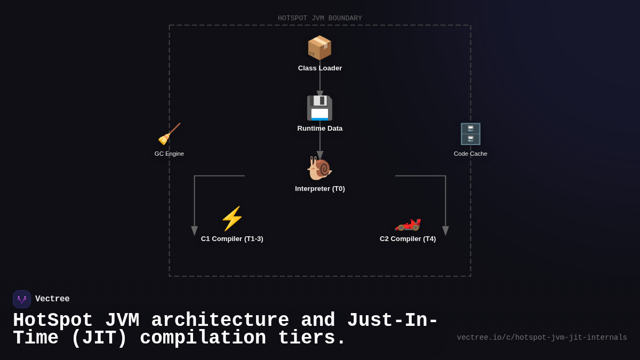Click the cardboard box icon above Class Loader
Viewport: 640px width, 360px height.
[x=319, y=48]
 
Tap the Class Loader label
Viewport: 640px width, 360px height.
[x=320, y=68]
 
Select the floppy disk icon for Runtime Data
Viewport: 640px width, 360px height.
[x=319, y=108]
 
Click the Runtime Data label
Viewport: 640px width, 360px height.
[x=320, y=129]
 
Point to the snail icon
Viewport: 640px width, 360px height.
[x=319, y=169]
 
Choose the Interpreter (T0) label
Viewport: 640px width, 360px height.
[x=320, y=189]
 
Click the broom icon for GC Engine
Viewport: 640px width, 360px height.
[x=169, y=134]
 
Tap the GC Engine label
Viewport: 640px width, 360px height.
[x=169, y=154]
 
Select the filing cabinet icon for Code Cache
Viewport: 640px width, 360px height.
[x=470, y=134]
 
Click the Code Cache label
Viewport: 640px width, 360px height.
[x=470, y=154]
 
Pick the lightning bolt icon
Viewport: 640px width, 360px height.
[x=232, y=219]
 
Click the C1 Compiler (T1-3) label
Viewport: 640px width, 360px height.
[x=232, y=239]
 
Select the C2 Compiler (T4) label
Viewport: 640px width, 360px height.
[x=408, y=239]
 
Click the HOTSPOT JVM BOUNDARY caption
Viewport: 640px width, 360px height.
[x=320, y=18]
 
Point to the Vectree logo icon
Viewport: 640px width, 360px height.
[x=22, y=299]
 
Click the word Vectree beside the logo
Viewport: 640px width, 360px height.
[x=52, y=299]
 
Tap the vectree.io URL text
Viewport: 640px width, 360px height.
[x=542, y=338]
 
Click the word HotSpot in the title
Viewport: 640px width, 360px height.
[x=53, y=321]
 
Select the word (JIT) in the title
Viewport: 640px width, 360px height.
[x=99, y=339]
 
